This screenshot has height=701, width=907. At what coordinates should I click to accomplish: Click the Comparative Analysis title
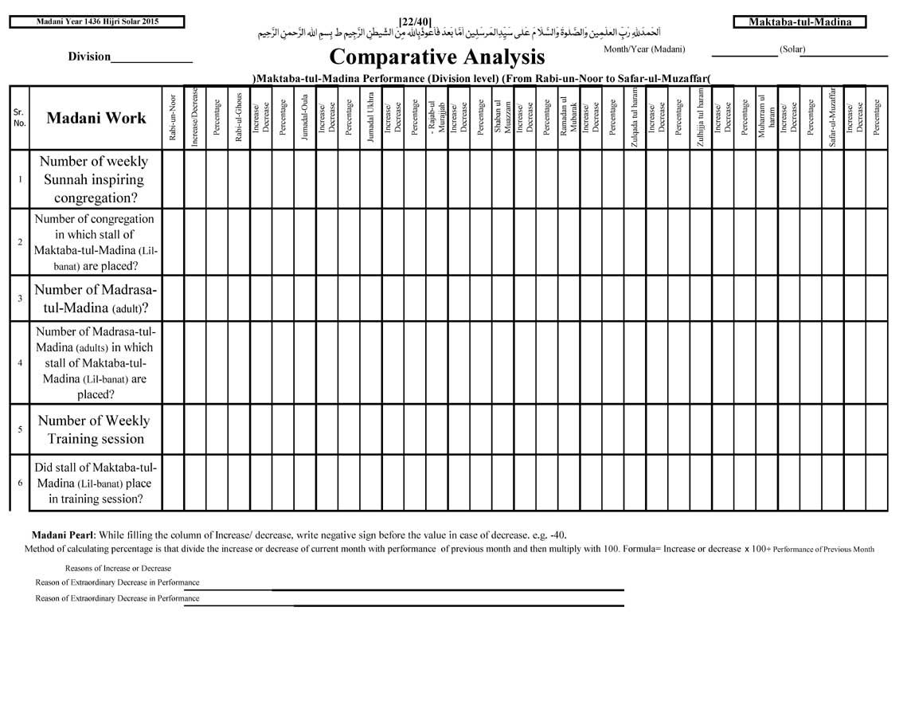pos(436,57)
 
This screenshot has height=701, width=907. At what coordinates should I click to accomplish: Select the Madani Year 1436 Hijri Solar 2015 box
pos(97,22)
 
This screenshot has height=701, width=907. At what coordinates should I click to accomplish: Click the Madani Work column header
pos(96,118)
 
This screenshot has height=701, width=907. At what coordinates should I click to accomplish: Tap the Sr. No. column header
pos(19,118)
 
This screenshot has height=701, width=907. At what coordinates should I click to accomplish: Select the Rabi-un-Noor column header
pos(173,118)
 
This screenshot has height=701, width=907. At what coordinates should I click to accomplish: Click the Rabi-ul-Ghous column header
pos(239,118)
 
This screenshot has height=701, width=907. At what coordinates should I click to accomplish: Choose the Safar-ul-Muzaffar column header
pos(833,118)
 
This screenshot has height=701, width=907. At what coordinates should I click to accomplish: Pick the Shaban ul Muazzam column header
pos(502,118)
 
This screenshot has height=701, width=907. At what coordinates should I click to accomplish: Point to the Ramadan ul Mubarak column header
pos(569,118)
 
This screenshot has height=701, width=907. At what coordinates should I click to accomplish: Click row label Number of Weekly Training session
pos(95,430)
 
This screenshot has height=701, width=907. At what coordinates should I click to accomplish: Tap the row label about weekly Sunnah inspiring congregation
pos(95,179)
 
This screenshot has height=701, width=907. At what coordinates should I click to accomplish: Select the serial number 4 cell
pos(19,362)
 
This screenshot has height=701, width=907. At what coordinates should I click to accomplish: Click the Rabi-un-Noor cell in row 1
pos(173,179)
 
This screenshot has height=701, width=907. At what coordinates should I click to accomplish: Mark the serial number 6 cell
pos(19,483)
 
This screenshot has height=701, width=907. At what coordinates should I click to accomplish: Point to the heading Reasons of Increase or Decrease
pos(118,568)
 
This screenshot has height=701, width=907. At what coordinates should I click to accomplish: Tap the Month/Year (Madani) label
pos(643,49)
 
